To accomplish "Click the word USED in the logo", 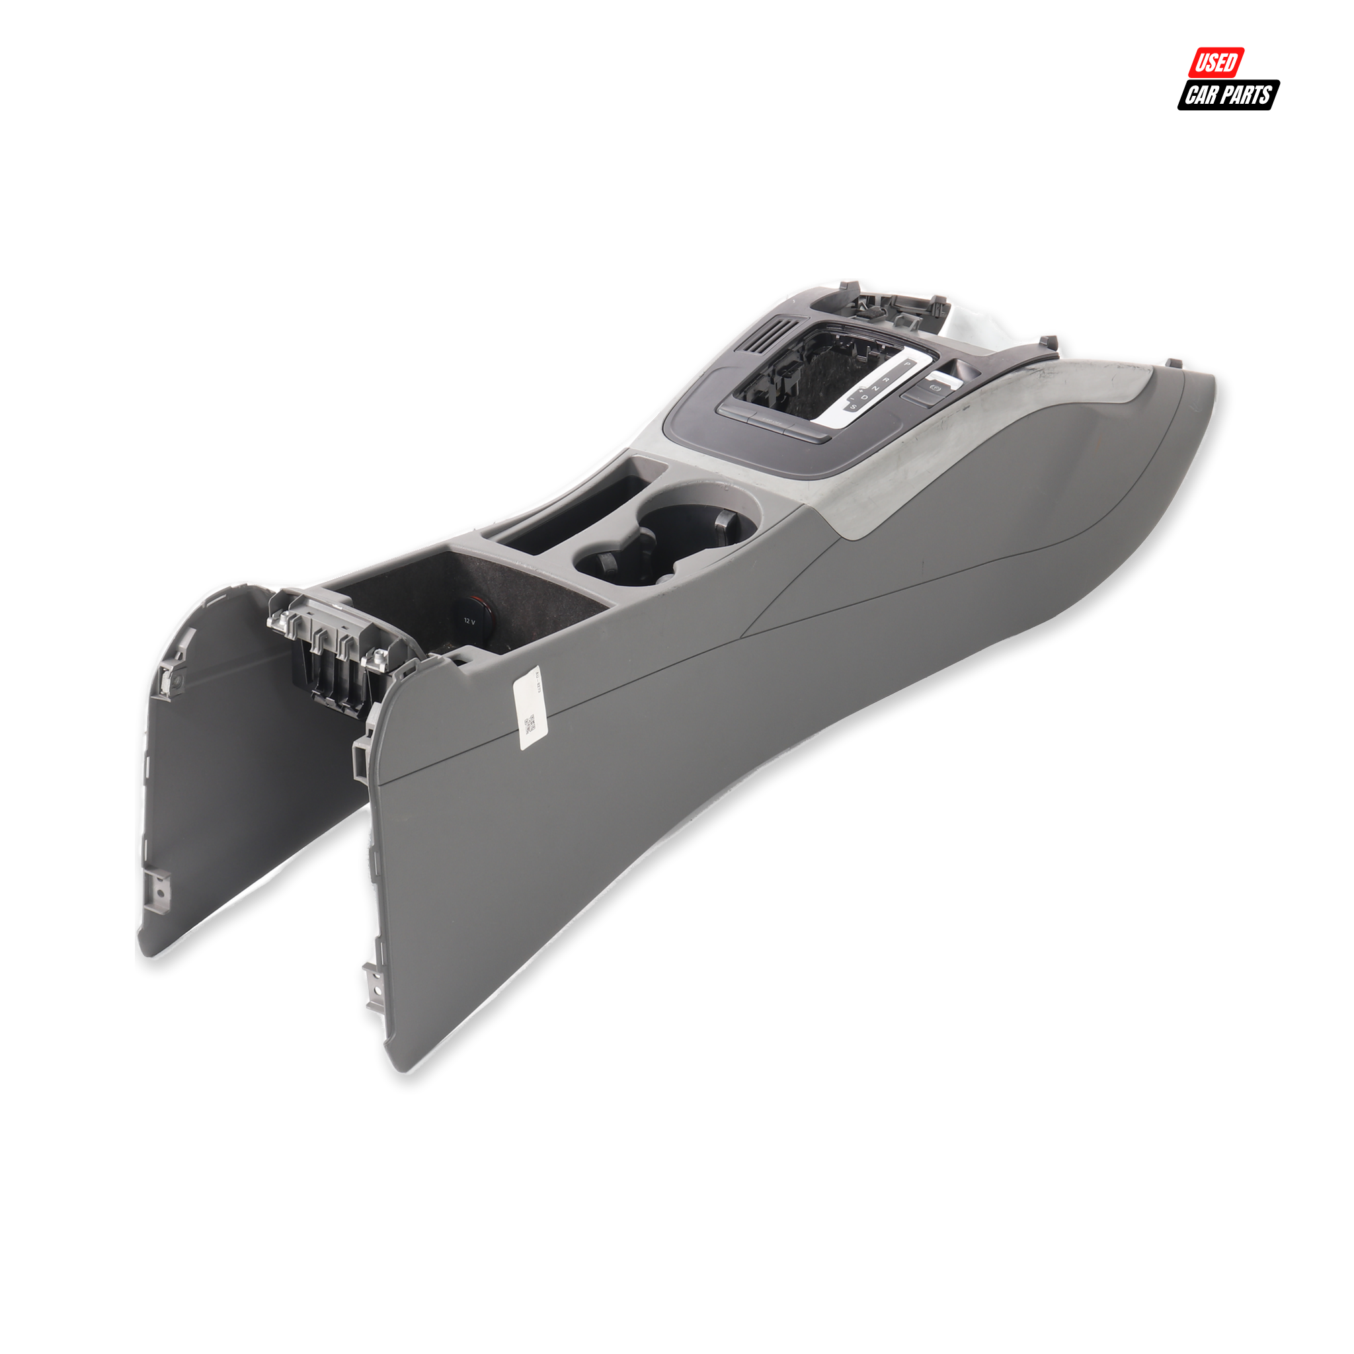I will [x=1215, y=62].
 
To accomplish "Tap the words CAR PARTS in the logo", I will [x=1228, y=95].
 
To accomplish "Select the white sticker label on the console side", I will [x=528, y=708].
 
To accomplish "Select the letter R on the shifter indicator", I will [x=887, y=380].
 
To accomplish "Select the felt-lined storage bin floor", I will [x=448, y=596].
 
